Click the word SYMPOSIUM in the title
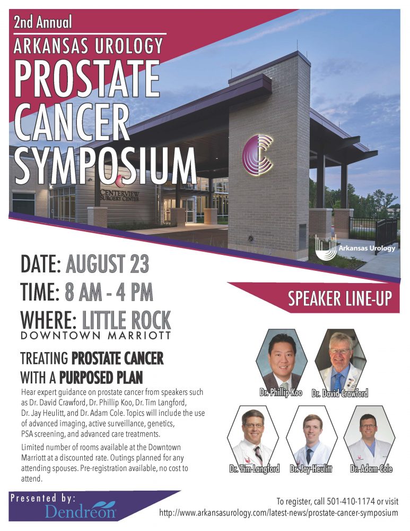click(x=105, y=166)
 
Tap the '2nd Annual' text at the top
click(x=42, y=22)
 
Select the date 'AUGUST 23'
click(x=107, y=264)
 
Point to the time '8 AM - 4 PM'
click(x=109, y=292)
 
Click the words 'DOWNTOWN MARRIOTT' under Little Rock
click(x=95, y=336)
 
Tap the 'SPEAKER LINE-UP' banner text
click(x=339, y=298)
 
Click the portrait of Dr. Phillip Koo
click(x=282, y=360)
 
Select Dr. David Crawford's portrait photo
click(x=341, y=360)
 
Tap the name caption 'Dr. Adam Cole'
click(x=371, y=469)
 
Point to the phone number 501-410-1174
click(x=351, y=501)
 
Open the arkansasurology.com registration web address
click(x=278, y=513)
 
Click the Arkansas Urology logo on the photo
click(x=355, y=247)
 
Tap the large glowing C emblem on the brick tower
click(x=258, y=155)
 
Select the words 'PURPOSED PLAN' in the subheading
click(x=101, y=378)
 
